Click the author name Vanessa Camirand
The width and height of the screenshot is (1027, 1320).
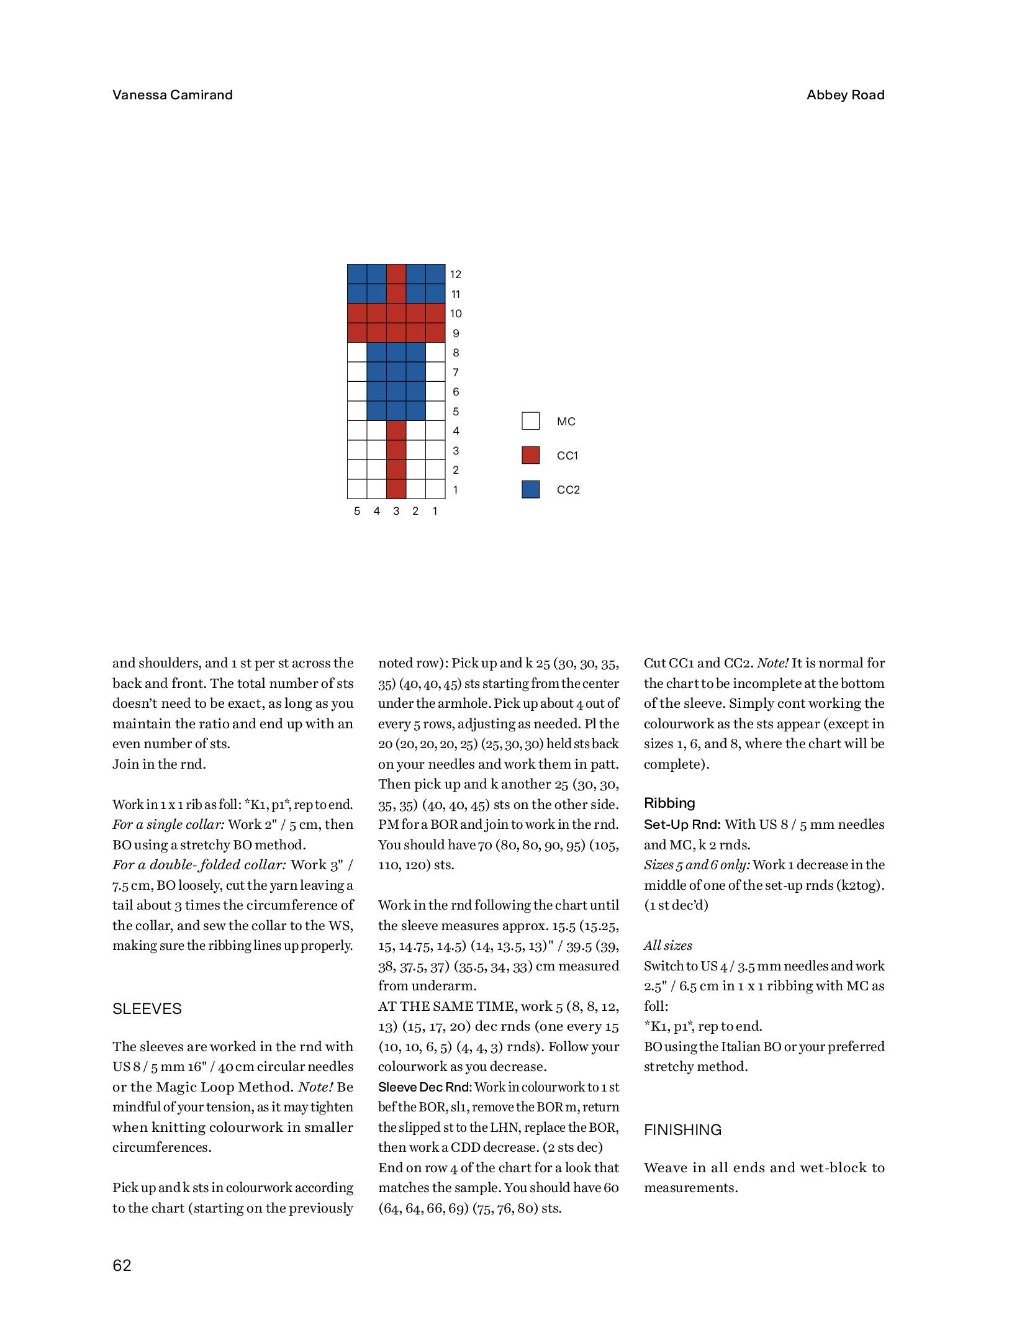(172, 95)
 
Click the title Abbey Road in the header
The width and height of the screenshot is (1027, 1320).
(845, 95)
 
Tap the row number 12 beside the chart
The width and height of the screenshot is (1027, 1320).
(456, 274)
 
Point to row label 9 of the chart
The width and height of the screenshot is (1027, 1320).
(456, 333)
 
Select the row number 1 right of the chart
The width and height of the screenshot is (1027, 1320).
(456, 490)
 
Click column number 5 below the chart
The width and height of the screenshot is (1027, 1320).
(357, 511)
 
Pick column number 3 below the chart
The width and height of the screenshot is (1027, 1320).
(396, 511)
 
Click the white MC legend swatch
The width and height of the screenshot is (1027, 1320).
(530, 421)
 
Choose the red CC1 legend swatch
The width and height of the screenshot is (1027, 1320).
(530, 455)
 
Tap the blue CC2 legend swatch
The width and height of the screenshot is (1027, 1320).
(530, 489)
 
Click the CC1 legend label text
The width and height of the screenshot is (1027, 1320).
(568, 456)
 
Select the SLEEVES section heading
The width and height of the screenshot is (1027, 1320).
(147, 1009)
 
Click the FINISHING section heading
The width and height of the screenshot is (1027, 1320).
(682, 1130)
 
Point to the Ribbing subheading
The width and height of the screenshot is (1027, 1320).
(669, 803)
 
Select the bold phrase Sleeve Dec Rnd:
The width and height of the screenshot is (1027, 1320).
(425, 1087)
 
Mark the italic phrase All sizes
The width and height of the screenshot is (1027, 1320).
(667, 946)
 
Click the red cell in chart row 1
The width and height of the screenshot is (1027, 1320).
(396, 489)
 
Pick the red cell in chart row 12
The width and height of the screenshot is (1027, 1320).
(396, 274)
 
